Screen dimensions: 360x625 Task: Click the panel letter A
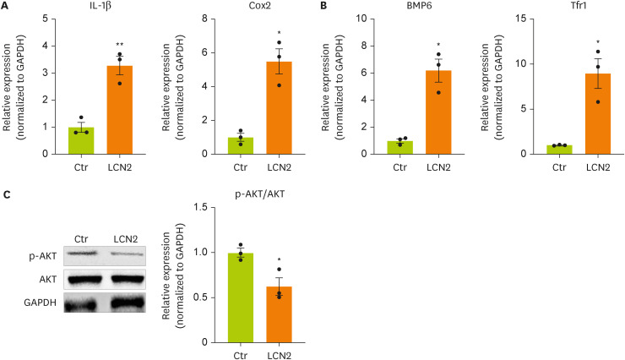pyautogui.click(x=6, y=7)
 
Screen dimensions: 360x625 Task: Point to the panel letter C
pyautogui.click(x=6, y=194)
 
